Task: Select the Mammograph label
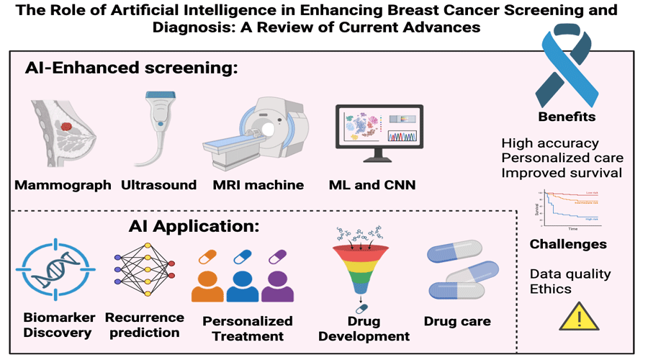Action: point(63,185)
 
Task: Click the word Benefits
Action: point(567,117)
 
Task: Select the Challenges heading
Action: point(568,244)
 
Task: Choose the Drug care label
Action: point(456,321)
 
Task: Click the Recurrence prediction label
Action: point(144,325)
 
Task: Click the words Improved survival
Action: point(562,173)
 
